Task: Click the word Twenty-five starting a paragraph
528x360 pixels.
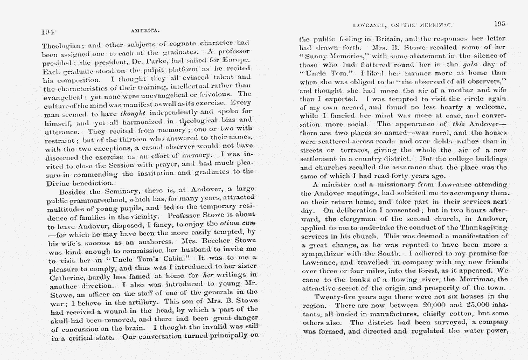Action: pyautogui.click(x=339, y=296)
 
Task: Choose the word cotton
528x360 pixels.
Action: pyautogui.click(x=460, y=314)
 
